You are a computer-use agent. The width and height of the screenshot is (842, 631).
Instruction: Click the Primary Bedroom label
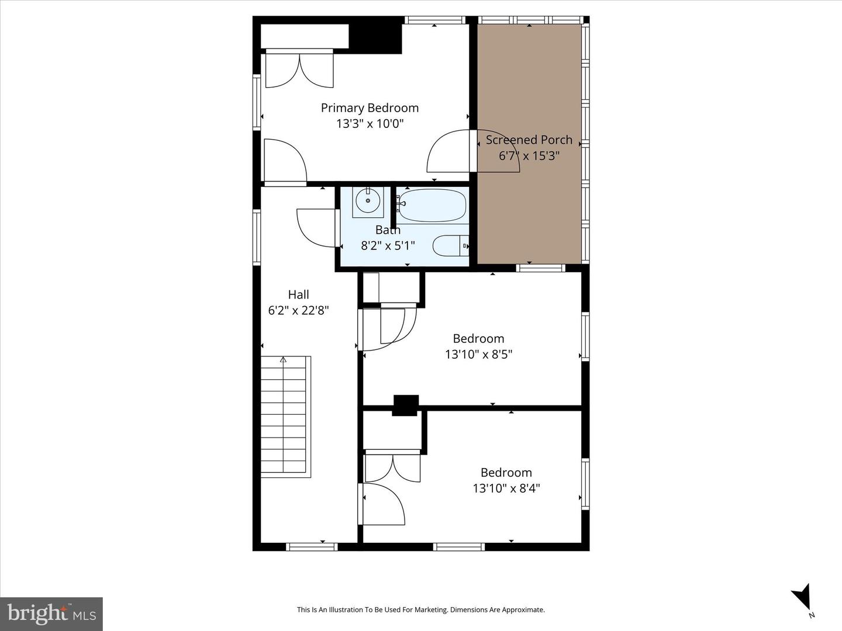point(370,108)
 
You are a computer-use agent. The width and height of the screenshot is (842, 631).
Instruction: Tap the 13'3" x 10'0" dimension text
point(370,124)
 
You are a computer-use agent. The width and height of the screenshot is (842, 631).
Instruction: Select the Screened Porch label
point(529,140)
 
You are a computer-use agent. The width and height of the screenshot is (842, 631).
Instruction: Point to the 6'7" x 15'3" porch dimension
point(529,156)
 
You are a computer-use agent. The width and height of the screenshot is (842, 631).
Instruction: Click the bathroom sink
point(368,202)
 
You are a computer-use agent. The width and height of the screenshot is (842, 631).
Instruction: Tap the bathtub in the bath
point(432,206)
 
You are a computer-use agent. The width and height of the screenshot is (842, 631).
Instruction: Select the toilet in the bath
point(450,246)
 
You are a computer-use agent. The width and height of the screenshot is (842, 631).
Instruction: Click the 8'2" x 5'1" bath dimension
point(388,245)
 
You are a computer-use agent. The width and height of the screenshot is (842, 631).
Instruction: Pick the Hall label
point(298,295)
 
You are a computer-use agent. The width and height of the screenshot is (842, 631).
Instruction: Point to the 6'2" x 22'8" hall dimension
point(298,311)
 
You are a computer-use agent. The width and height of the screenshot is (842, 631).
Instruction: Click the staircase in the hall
point(284,416)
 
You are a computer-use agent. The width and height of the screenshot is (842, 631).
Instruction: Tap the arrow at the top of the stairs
point(284,360)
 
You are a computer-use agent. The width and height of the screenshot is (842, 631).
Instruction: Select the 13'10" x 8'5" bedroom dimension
point(478,355)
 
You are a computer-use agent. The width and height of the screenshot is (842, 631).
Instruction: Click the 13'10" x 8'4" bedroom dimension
point(506,488)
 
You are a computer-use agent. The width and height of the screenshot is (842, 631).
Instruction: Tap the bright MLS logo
point(51,613)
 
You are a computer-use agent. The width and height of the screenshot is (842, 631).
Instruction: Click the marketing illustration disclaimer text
point(420,610)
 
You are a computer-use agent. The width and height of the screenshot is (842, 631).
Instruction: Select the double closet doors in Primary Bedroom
point(299,70)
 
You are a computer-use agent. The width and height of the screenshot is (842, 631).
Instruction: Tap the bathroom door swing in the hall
point(316,228)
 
